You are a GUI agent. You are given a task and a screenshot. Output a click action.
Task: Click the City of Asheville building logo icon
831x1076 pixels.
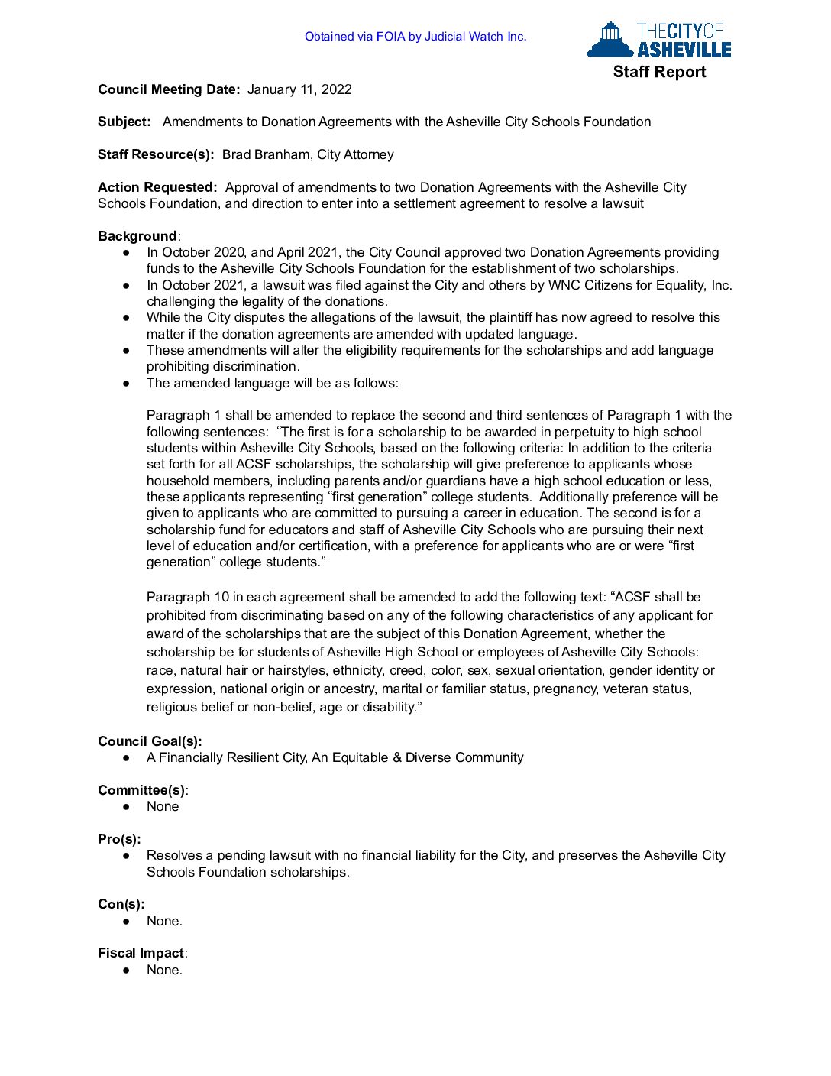[x=610, y=39]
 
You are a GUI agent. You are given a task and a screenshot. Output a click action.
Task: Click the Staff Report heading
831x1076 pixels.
[x=659, y=72]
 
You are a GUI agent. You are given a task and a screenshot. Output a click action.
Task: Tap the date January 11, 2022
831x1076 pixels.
[x=299, y=89]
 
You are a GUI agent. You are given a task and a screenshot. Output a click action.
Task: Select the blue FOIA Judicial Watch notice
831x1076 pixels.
[x=415, y=37]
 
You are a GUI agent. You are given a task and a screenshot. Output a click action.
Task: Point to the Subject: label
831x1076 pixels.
[x=124, y=122]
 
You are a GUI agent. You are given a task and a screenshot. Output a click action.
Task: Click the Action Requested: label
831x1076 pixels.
[x=157, y=187]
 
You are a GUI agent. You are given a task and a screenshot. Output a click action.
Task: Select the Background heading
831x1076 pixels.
[x=137, y=236]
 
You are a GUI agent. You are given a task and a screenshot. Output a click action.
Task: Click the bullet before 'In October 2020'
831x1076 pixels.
[x=126, y=252]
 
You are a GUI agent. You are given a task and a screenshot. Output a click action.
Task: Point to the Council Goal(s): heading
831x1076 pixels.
[x=150, y=741]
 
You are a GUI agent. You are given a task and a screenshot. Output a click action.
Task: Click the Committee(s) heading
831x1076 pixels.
[x=141, y=790]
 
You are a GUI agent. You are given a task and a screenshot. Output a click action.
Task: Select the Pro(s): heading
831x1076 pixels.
[x=119, y=839]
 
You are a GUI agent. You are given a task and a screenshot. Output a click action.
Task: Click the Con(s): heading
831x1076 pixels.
[x=121, y=904]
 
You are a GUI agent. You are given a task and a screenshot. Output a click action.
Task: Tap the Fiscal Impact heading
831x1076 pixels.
[x=141, y=953]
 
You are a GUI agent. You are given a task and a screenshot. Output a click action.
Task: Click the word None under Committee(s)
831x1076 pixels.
[x=163, y=806]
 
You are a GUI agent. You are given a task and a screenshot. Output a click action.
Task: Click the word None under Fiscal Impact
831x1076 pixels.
[x=164, y=970]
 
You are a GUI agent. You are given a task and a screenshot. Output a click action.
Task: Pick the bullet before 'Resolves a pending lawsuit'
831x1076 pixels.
[x=126, y=856]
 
